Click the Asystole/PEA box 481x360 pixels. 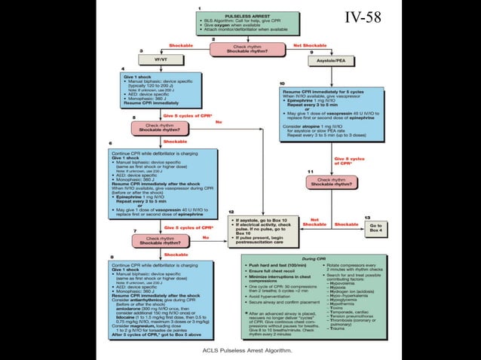click(x=331, y=59)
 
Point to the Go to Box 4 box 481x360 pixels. click(x=375, y=228)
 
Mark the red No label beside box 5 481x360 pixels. click(x=219, y=122)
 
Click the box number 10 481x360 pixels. click(x=282, y=83)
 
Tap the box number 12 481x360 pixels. click(x=231, y=212)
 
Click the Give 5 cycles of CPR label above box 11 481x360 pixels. click(x=349, y=160)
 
